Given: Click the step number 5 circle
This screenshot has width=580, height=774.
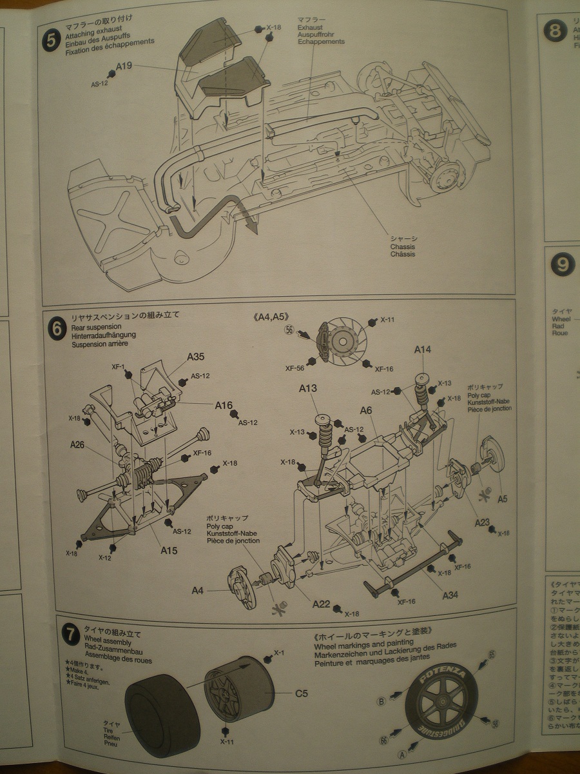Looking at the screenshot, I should [x=51, y=40].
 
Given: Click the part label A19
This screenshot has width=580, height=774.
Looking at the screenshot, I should [x=124, y=65].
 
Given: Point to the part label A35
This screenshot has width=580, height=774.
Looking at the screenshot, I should [x=196, y=356].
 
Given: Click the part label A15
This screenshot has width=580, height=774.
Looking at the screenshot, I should [x=169, y=551].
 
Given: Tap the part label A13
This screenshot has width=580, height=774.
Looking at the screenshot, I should [x=308, y=388].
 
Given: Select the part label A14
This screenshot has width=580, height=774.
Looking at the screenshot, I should [x=423, y=350].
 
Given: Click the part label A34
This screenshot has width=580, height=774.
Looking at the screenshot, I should [x=450, y=595].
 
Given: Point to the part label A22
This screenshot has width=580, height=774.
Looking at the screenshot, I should [x=321, y=604].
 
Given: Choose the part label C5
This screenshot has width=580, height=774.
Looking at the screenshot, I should [x=302, y=694].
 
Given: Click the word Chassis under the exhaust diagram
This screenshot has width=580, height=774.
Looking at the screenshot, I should [x=402, y=246].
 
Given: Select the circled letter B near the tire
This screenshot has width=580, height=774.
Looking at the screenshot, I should [x=382, y=701].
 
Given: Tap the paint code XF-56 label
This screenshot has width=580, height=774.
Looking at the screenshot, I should [x=295, y=368].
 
